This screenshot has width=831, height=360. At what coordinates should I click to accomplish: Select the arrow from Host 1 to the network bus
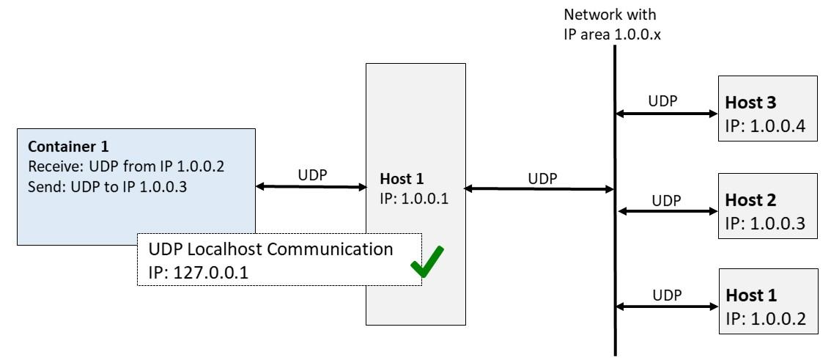pos(539,188)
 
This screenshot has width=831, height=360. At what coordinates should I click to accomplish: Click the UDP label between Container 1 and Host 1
pos(311,174)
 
